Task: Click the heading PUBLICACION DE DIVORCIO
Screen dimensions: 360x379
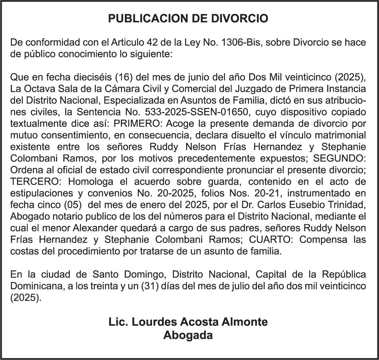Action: [x=189, y=19]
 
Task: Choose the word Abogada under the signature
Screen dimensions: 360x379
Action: [x=188, y=335]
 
